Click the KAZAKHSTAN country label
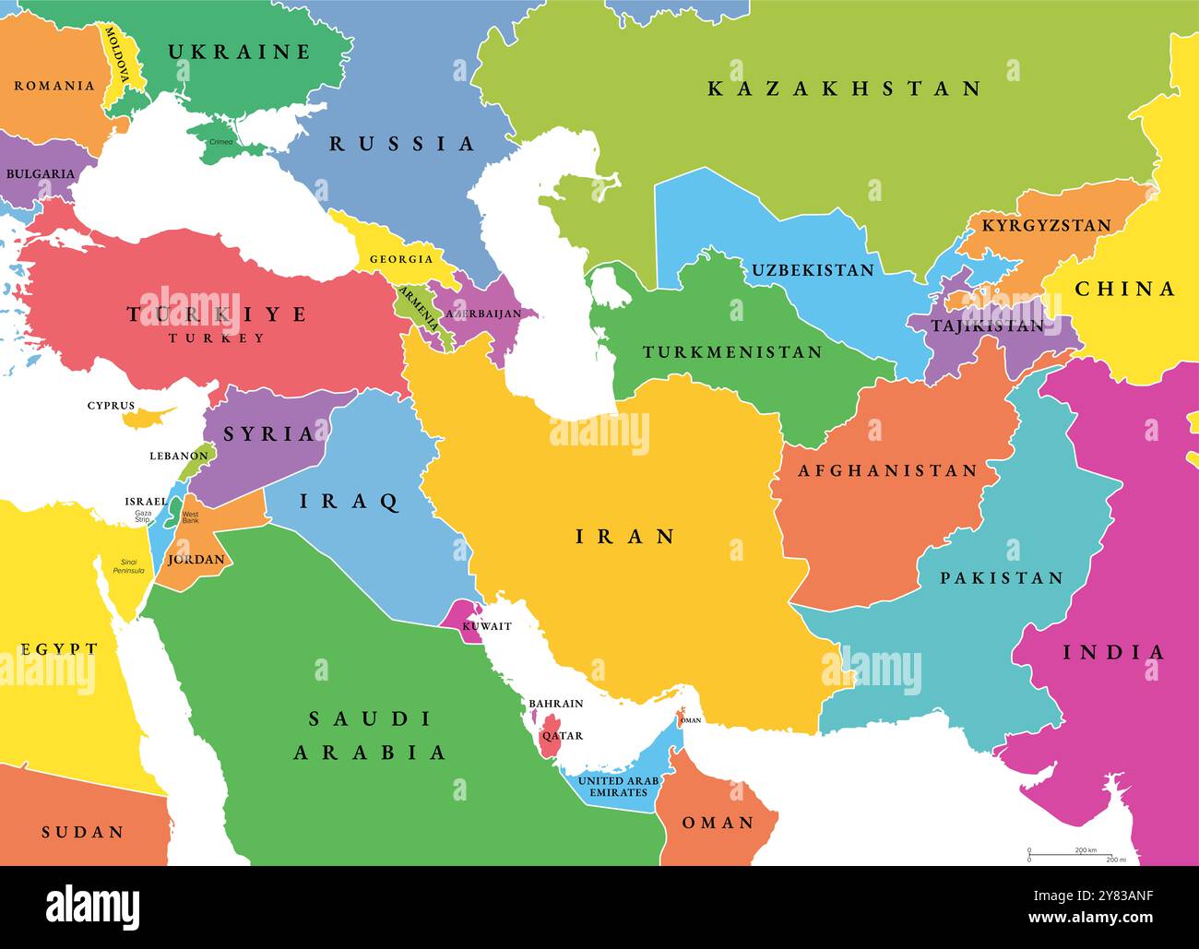click(844, 89)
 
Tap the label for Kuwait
click(486, 626)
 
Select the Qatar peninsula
click(551, 736)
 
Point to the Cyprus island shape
click(148, 418)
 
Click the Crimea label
click(221, 142)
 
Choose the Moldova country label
click(116, 56)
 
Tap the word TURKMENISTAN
click(732, 352)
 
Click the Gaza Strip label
click(142, 516)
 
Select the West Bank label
click(190, 517)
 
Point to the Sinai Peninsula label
click(128, 566)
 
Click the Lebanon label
click(179, 456)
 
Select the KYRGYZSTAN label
click(1046, 225)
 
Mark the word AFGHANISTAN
click(887, 470)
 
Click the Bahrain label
click(555, 704)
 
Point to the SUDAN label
click(83, 832)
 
